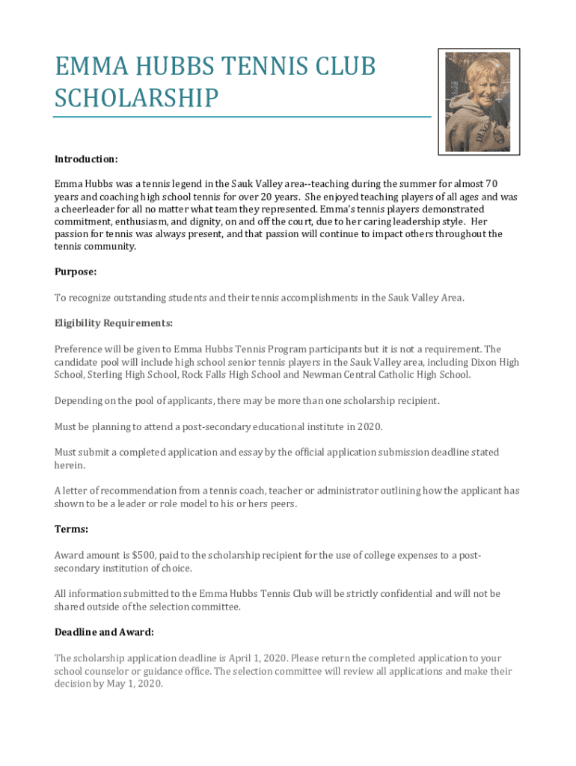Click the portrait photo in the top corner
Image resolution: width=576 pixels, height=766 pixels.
(x=478, y=102)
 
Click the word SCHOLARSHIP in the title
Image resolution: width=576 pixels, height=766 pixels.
(x=136, y=98)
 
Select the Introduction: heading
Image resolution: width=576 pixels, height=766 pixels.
(x=86, y=159)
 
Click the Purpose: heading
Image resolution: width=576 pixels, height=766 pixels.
(x=76, y=272)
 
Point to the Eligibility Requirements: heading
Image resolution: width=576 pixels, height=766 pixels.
(x=114, y=323)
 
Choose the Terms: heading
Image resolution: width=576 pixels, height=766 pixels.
(x=71, y=529)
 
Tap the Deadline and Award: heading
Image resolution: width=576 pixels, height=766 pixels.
(x=104, y=632)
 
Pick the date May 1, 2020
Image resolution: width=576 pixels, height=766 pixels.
(x=134, y=684)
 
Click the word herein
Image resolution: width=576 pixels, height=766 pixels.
(x=70, y=465)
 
